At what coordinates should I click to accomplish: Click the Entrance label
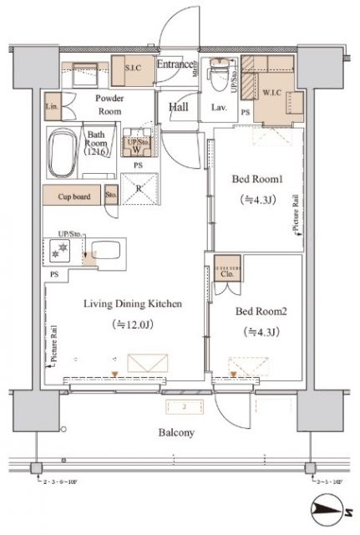tap(175, 64)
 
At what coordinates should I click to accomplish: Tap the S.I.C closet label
tap(132, 67)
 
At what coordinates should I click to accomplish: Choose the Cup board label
tap(74, 199)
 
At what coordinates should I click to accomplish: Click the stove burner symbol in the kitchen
tap(61, 250)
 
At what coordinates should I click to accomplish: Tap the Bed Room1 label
tap(257, 179)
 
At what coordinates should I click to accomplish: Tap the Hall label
tap(179, 107)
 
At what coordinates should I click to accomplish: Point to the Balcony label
tap(175, 432)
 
